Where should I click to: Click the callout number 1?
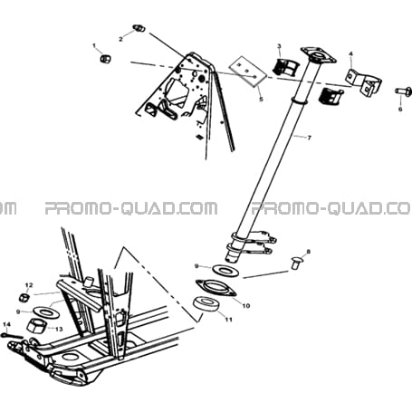[94, 45]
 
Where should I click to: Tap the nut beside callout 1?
[105, 58]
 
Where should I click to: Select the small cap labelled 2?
[139, 29]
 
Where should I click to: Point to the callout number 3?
[279, 46]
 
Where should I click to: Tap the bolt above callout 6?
[403, 91]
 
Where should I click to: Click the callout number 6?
[400, 109]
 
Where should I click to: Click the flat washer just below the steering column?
[225, 270]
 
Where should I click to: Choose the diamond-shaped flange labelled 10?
[216, 288]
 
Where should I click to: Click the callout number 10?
[246, 306]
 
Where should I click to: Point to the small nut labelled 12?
[24, 298]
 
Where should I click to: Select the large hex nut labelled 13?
[36, 326]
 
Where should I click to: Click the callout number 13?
[59, 329]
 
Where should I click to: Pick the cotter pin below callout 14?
[12, 336]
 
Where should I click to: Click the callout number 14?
[6, 324]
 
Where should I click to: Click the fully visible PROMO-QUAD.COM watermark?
[131, 208]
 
